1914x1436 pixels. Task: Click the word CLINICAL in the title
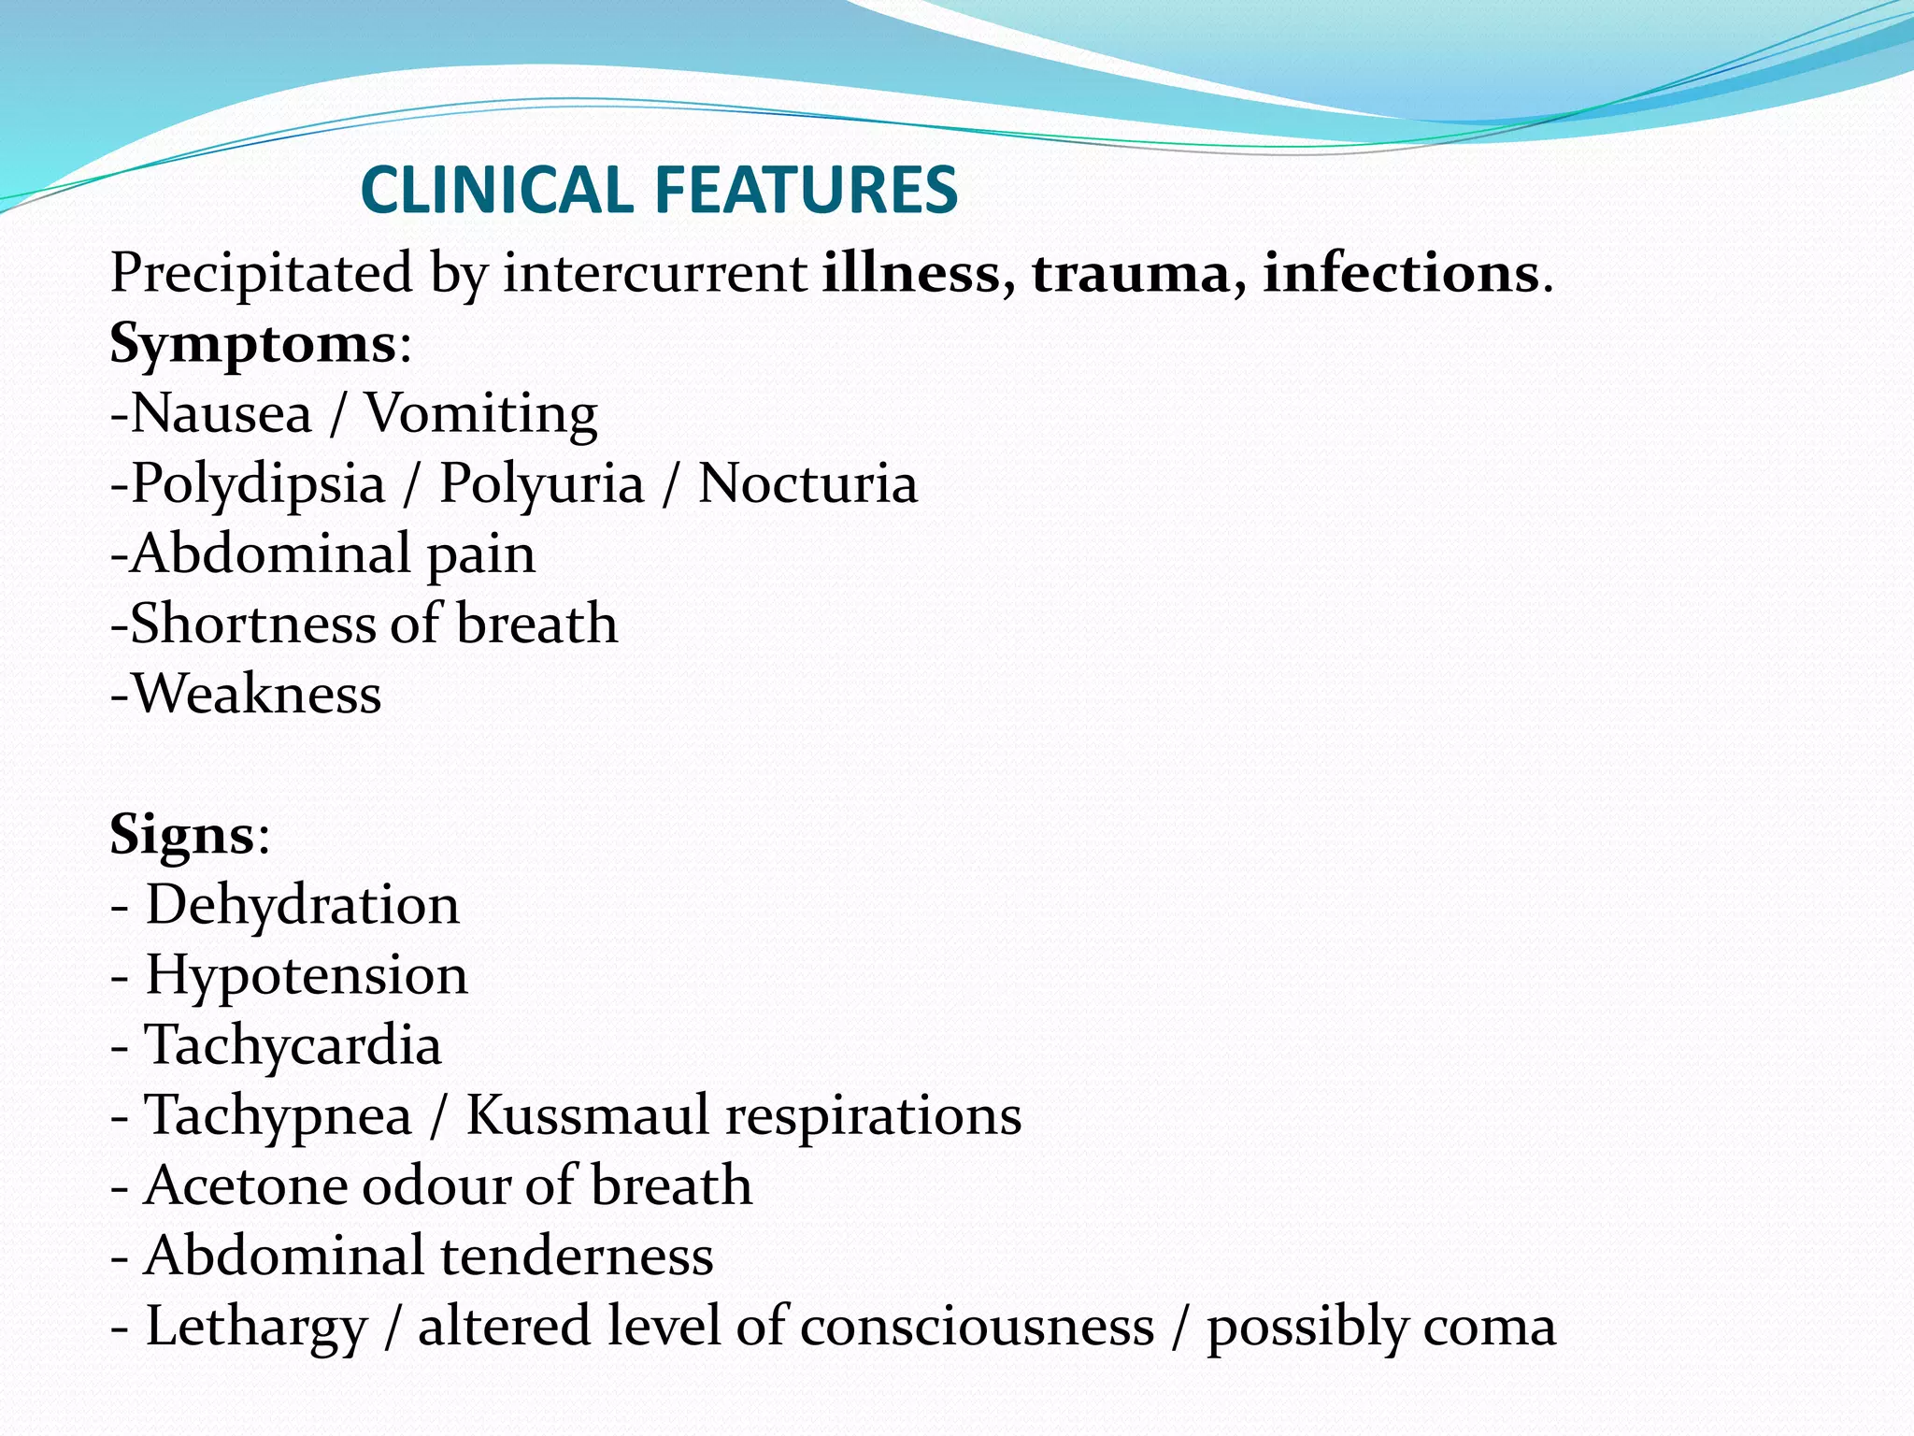tap(496, 190)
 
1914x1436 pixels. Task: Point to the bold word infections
tap(1401, 274)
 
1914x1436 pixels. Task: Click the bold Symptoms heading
tap(253, 344)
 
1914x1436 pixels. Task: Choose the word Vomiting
tap(480, 414)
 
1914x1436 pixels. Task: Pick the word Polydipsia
tap(258, 484)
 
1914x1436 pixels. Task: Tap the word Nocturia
tap(807, 484)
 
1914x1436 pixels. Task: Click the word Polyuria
tap(542, 484)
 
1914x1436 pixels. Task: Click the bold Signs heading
tap(182, 835)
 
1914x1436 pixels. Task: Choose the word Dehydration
tap(302, 905)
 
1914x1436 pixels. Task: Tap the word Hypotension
tap(307, 975)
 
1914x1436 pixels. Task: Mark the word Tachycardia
tap(293, 1045)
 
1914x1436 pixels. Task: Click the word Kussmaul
tap(588, 1115)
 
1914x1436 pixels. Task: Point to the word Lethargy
tap(256, 1327)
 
